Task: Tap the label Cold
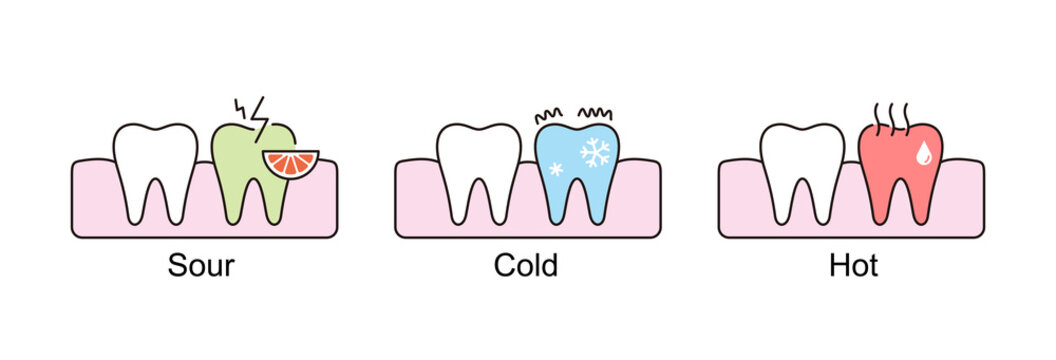tap(527, 265)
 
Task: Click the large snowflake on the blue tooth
tap(597, 152)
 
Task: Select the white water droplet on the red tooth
tap(925, 152)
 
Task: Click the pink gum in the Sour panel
tap(95, 200)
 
